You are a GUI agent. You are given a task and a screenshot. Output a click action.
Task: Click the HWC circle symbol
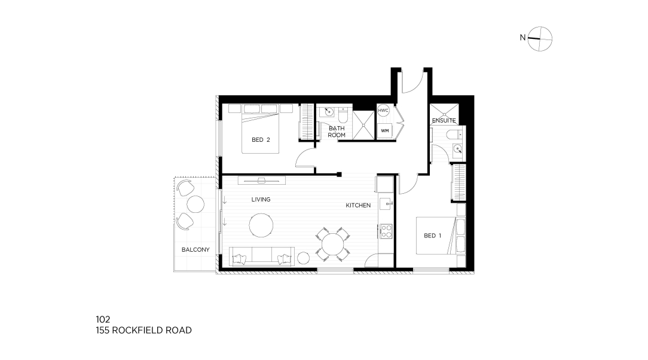click(x=383, y=111)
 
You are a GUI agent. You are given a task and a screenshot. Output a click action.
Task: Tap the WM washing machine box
click(x=385, y=131)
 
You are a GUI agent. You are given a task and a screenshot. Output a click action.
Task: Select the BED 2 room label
click(x=261, y=140)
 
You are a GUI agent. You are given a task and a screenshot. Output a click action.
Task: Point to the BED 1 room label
click(x=433, y=236)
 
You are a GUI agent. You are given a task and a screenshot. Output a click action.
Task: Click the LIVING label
click(x=261, y=199)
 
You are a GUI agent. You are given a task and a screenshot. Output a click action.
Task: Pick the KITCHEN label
click(x=358, y=205)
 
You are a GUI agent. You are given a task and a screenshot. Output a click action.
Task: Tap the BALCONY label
click(x=195, y=249)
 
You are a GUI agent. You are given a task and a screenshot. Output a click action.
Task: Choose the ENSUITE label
click(x=444, y=120)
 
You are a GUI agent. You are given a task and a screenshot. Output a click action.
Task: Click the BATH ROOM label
click(x=337, y=132)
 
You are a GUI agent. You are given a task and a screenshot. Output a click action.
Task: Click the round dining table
click(x=333, y=245)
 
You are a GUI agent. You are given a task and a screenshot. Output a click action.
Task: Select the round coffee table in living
click(x=261, y=225)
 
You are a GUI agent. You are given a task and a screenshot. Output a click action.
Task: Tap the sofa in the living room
click(x=262, y=256)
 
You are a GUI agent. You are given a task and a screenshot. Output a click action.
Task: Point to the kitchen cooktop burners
click(x=386, y=231)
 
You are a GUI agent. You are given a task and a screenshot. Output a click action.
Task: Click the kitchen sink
click(x=386, y=203)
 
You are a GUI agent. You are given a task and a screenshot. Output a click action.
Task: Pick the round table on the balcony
click(x=195, y=204)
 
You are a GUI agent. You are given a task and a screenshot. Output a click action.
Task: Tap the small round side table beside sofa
click(x=303, y=258)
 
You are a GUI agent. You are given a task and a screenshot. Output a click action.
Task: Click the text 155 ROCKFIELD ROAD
click(x=144, y=330)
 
